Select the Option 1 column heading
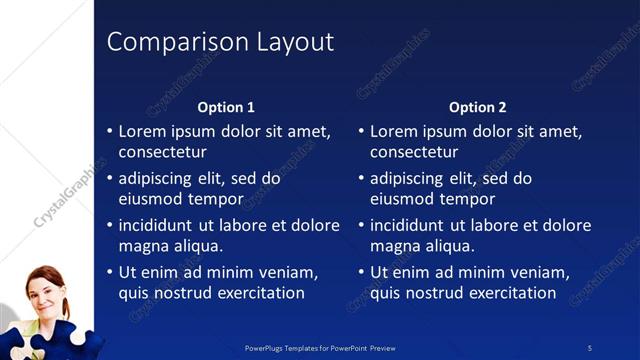click(226, 107)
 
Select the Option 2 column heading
click(477, 107)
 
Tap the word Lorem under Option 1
click(142, 131)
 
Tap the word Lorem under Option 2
click(393, 131)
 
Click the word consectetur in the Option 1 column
click(162, 152)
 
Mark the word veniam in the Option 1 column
click(287, 272)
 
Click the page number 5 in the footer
click(590, 348)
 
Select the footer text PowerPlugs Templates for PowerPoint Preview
click(320, 348)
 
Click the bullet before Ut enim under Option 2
click(362, 272)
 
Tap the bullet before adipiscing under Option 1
click(110, 179)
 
